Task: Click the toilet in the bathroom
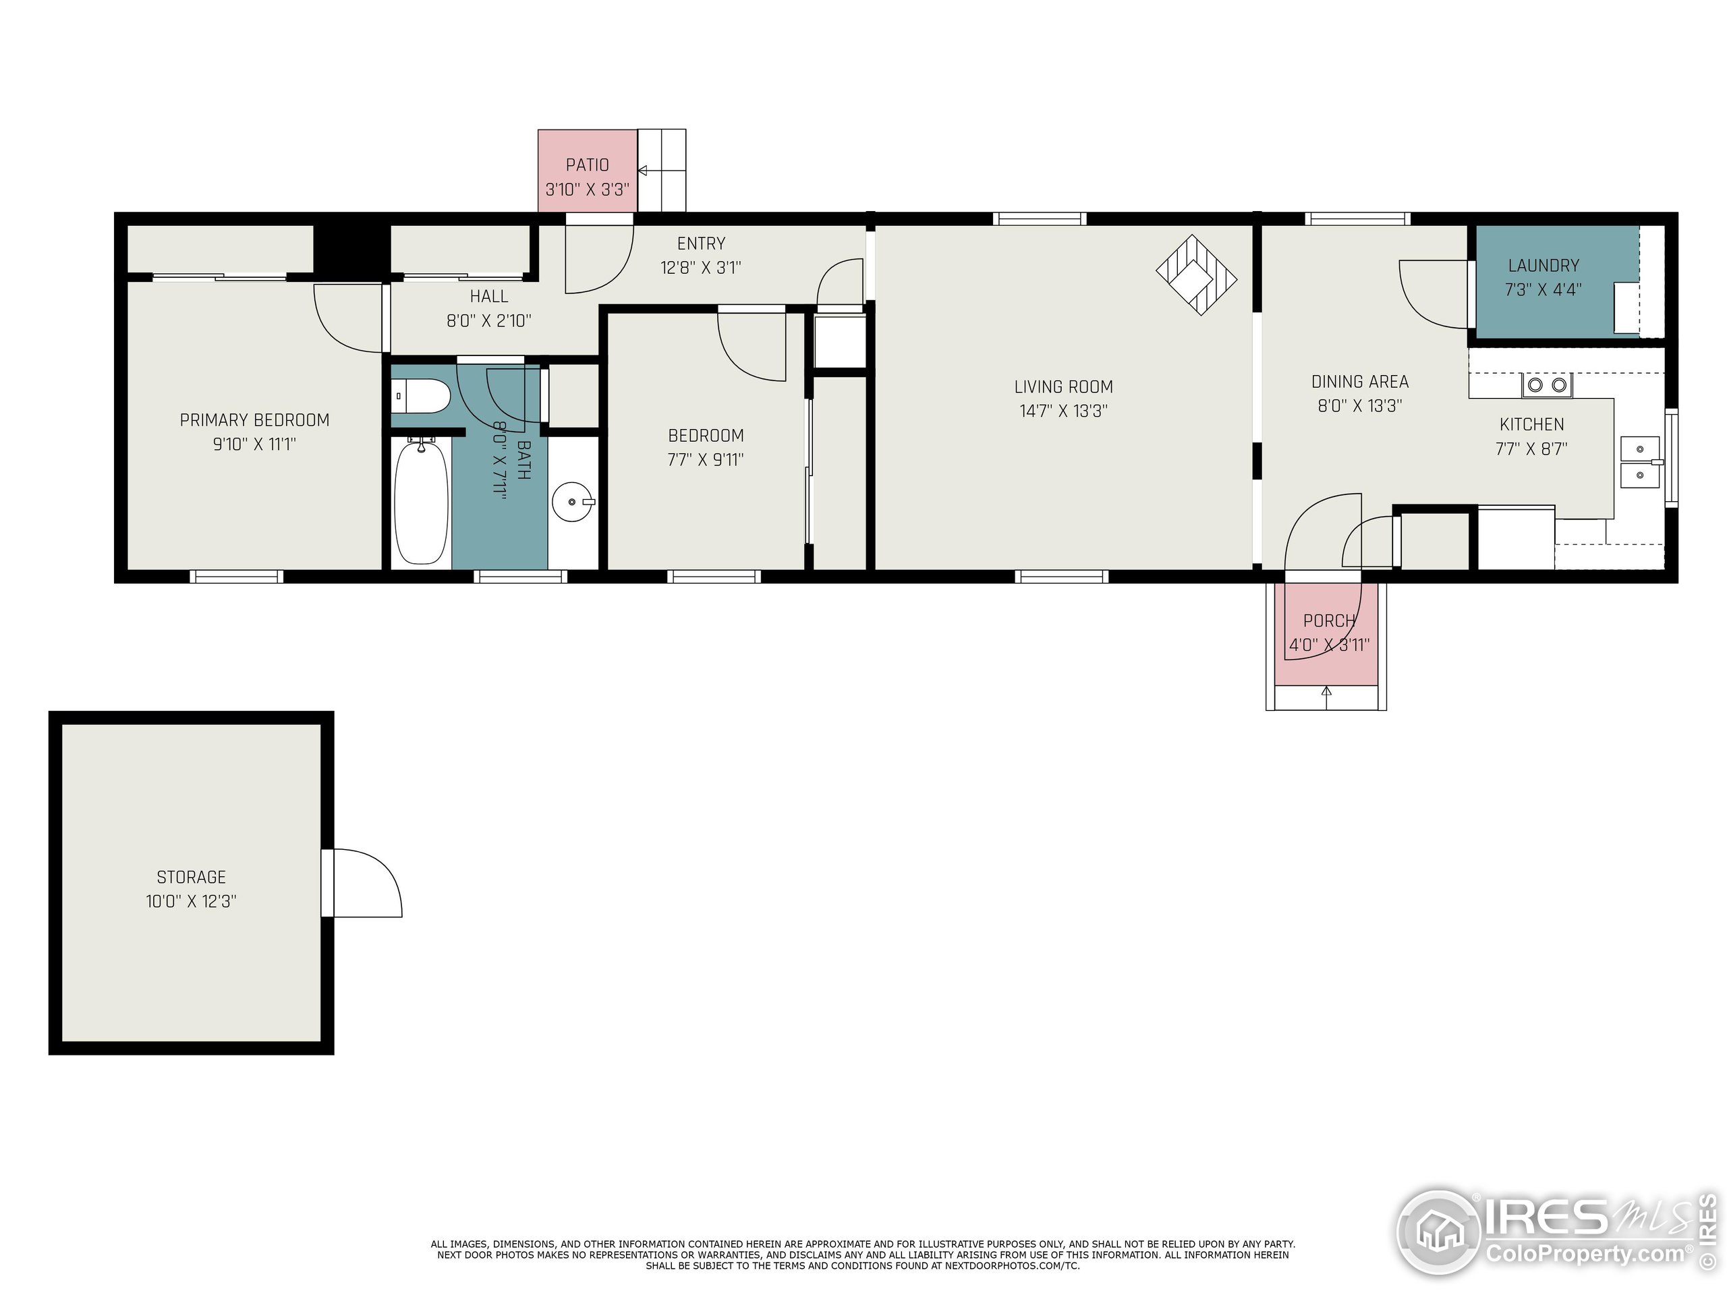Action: pos(422,397)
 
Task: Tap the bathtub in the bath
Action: pos(421,501)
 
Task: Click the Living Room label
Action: pos(1063,386)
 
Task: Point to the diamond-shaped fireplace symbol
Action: pos(1196,276)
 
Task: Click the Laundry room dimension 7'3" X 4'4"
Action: pos(1543,289)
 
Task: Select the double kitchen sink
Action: pos(1641,462)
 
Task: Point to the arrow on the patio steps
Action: pos(644,170)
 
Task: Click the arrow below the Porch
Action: pos(1326,691)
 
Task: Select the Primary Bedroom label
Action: pos(254,420)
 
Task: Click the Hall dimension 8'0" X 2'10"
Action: pos(488,321)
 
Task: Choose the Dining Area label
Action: pos(1360,382)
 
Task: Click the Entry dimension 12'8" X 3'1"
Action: pos(700,268)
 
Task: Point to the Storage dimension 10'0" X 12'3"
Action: pos(192,901)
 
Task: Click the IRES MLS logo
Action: pos(1554,1234)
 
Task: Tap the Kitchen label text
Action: pos(1531,425)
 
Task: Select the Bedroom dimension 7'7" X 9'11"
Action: pos(705,460)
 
